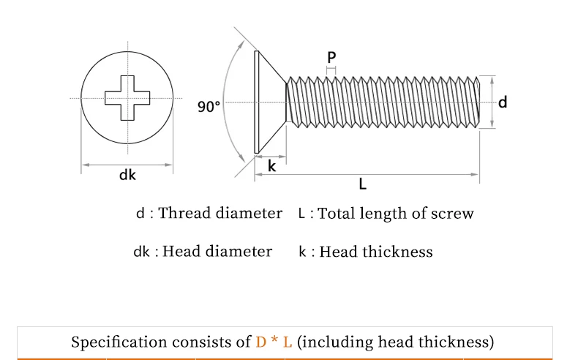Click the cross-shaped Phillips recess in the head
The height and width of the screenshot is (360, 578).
(127, 98)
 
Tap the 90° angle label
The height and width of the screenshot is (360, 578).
(209, 107)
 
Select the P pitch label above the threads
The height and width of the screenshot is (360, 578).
(331, 57)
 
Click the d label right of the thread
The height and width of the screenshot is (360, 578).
(503, 102)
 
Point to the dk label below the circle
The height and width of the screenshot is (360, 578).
(127, 176)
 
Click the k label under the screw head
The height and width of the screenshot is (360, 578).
(271, 166)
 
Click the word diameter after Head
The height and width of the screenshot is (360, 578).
(239, 252)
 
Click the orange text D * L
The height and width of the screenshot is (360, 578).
(274, 342)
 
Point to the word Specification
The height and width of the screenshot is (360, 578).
(119, 342)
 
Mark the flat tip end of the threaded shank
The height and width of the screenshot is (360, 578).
(478, 102)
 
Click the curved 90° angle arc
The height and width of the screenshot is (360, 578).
(228, 102)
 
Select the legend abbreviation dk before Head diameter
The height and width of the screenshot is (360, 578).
(141, 252)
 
